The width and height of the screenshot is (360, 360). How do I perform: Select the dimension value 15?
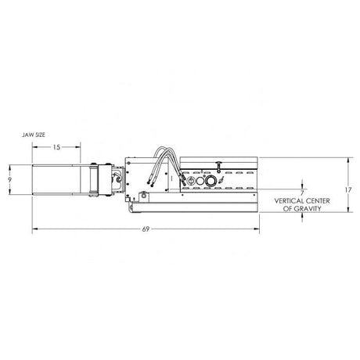tap(57, 146)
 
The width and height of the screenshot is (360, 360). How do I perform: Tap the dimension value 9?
tap(8, 179)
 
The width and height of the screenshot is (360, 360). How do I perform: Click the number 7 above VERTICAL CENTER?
tap(301, 191)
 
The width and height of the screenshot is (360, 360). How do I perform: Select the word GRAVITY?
tap(307, 209)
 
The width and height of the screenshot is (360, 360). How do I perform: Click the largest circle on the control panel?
tap(209, 181)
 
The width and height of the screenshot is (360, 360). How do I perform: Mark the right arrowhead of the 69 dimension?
tap(257, 229)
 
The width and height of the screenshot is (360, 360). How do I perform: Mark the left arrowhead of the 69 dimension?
tap(34, 229)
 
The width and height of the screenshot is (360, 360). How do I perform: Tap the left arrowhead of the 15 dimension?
tap(34, 146)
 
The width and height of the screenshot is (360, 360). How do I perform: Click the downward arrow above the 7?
tap(301, 183)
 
